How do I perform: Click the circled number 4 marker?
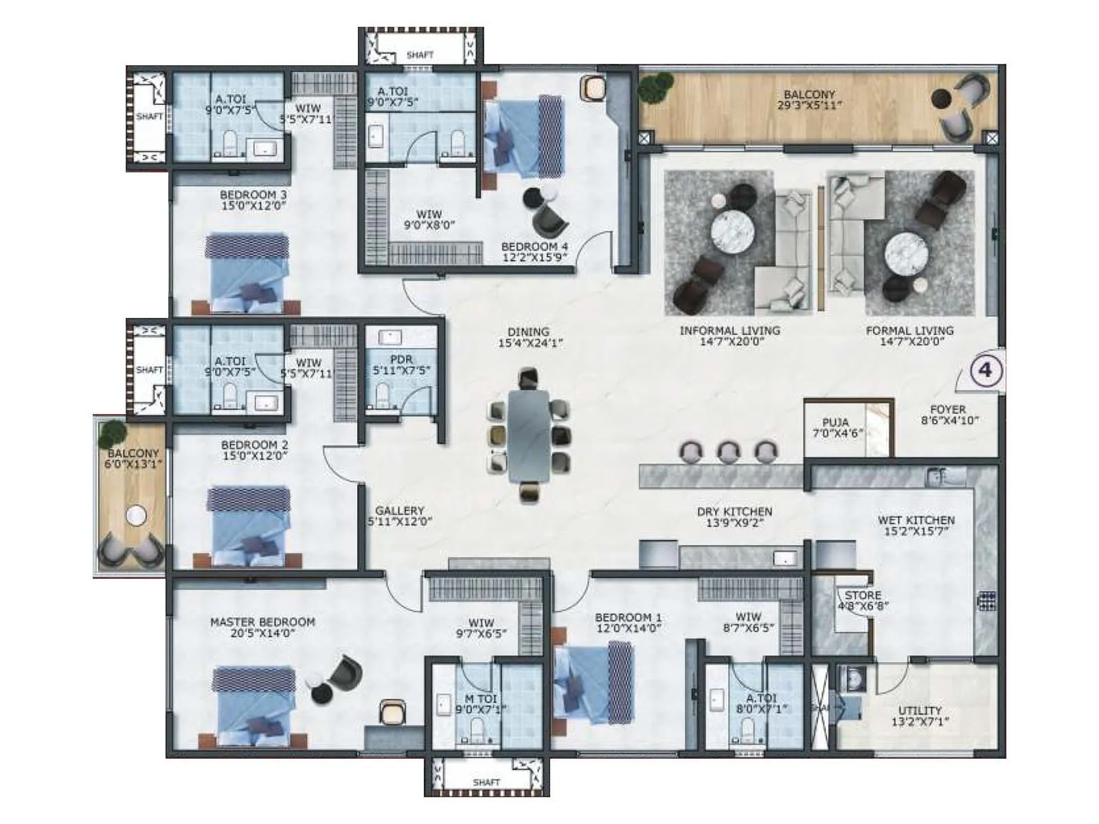pos(986,370)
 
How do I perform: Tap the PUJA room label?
pos(835,422)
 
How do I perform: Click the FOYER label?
pos(948,409)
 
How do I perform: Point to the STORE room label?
pos(863,595)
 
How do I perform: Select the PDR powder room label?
pos(401,360)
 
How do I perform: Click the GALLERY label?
pos(400,511)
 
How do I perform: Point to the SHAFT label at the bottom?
pos(486,782)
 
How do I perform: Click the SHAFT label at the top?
pos(420,55)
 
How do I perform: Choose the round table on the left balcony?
pos(136,515)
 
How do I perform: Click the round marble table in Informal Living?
pos(733,231)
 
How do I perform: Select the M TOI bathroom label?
pos(480,699)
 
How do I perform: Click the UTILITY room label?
pos(920,711)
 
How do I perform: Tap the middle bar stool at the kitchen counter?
pos(728,451)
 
